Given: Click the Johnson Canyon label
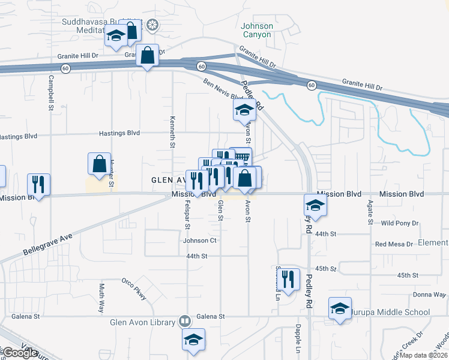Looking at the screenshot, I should (x=257, y=30).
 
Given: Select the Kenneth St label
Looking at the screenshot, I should (x=173, y=131).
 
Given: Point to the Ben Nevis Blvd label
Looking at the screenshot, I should (x=223, y=89).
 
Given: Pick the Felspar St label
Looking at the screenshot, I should (x=187, y=215).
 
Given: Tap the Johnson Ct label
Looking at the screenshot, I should (x=199, y=241).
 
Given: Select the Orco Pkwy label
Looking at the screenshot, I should (x=134, y=287).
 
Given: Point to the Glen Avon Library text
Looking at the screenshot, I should (x=142, y=322).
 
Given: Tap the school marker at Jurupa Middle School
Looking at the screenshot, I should (x=340, y=310).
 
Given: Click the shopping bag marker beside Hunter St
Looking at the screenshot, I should (x=99, y=164).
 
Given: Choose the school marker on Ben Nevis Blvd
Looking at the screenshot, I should (x=244, y=110).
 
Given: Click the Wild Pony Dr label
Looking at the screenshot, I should (x=400, y=223).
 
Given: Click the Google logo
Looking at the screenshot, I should (x=20, y=353).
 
